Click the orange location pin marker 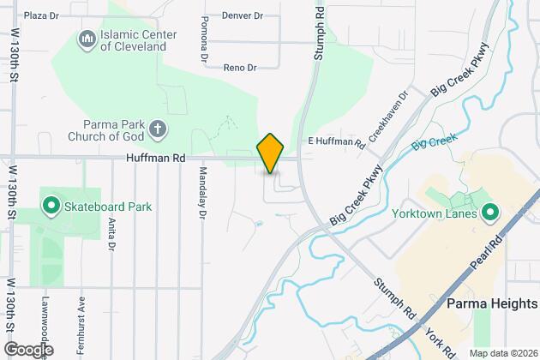[270, 153]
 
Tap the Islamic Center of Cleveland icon [87, 39]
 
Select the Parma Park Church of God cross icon [157, 129]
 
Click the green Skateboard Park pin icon [50, 207]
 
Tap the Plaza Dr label [42, 15]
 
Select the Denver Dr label [240, 15]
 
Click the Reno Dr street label [240, 67]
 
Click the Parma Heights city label [492, 304]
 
